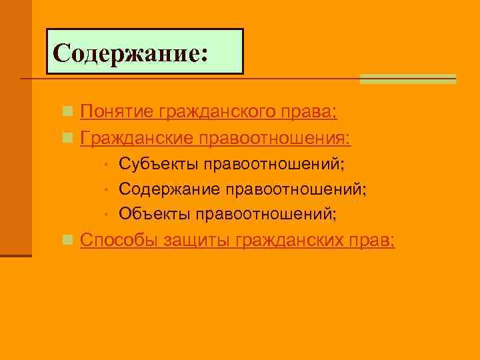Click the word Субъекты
click(x=159, y=164)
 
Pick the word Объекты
click(x=155, y=214)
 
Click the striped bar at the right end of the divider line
click(x=407, y=79)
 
